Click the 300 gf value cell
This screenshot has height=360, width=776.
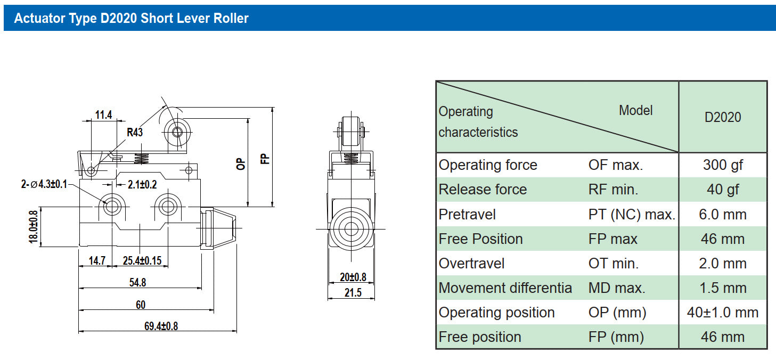[722, 165]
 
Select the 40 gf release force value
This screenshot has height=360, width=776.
[722, 190]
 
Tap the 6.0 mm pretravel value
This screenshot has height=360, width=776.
[722, 214]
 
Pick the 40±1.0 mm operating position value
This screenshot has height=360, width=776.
[722, 312]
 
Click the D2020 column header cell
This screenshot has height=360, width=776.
[722, 117]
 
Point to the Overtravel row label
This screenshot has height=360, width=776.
[471, 263]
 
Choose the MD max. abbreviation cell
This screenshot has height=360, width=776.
[616, 288]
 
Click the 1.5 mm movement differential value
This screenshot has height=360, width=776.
[722, 288]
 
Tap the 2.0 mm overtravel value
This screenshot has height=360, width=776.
[722, 263]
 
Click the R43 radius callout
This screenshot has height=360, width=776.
[135, 133]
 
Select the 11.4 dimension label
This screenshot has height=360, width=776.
[103, 114]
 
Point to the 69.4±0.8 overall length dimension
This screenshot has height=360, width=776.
[161, 326]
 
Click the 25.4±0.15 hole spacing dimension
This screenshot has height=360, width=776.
[142, 260]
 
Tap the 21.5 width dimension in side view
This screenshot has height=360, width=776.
[352, 292]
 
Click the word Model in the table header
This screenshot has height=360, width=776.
[635, 110]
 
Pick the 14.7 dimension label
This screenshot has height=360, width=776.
[96, 260]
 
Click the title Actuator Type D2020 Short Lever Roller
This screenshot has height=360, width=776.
[131, 19]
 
